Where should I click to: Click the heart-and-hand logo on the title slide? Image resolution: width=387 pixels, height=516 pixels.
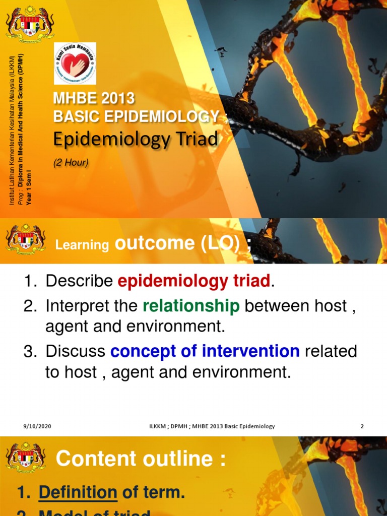coord(75,63)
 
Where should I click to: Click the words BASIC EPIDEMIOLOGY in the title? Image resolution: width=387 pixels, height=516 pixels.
coord(137,117)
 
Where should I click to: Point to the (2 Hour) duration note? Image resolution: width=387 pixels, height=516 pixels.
coord(71,162)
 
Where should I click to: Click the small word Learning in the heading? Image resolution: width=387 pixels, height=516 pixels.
coord(82,245)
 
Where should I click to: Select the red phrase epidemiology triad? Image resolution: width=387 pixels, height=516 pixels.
coord(194,281)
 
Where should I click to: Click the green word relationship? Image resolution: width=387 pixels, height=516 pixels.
coord(191,306)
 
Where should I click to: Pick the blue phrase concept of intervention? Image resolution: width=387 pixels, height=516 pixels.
coord(205,351)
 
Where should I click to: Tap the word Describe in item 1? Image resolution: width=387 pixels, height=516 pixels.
coord(79,281)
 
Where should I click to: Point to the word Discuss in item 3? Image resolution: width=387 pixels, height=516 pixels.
coord(76,351)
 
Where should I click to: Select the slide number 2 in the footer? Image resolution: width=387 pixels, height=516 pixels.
coord(362,426)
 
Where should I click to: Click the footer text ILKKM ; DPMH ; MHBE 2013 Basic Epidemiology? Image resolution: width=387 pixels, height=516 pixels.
coord(209,426)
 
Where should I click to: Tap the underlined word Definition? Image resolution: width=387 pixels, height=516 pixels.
coord(78,492)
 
